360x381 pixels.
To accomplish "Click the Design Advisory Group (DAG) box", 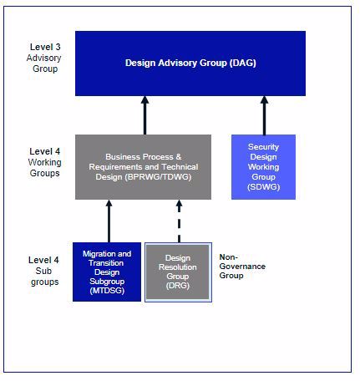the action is point(190,63).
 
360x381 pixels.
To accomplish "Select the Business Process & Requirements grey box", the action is point(143,167).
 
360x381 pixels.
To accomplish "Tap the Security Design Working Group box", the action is point(263,167).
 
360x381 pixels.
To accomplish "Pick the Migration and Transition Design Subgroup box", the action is point(107,272).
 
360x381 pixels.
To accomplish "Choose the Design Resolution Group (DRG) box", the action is point(178,272).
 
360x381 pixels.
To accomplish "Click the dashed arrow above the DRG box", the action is point(180,221).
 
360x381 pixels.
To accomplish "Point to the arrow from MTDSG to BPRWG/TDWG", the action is point(109,221).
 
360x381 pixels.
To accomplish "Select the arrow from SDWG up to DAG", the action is point(264,115).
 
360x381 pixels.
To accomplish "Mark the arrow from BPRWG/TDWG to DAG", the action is point(145,115).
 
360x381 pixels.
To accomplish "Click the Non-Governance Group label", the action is point(242,267).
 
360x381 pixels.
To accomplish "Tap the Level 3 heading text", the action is point(45,47).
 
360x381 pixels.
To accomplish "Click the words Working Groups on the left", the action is point(45,168).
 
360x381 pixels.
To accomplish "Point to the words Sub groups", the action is point(44,277).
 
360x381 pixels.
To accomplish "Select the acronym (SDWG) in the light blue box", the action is point(263,186).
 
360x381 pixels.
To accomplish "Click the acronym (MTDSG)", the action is point(107,291).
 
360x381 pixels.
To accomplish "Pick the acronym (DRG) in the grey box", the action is point(178,286).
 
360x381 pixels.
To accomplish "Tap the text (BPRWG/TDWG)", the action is point(158,177).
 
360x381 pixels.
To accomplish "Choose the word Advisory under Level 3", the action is point(44,58).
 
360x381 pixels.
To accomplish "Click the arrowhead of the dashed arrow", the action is point(180,204).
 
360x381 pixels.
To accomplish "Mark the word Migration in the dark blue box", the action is point(99,254).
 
